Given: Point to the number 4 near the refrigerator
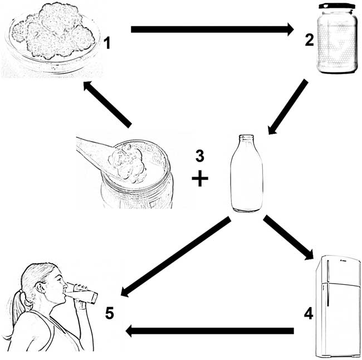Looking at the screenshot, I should click(x=308, y=313).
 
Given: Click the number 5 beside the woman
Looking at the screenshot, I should click(x=110, y=313).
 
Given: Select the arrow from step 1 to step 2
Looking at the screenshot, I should click(x=212, y=29).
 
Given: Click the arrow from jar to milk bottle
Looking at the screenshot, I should click(x=288, y=107).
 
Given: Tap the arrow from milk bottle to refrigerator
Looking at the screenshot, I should click(x=288, y=239).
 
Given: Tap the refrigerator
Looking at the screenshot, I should click(x=337, y=307).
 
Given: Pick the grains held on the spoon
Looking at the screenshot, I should click(x=128, y=162).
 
